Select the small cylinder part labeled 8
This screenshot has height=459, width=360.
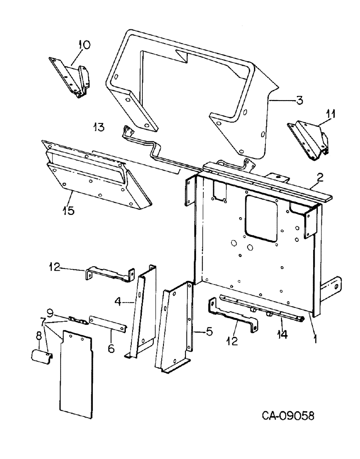tap(40, 356)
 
